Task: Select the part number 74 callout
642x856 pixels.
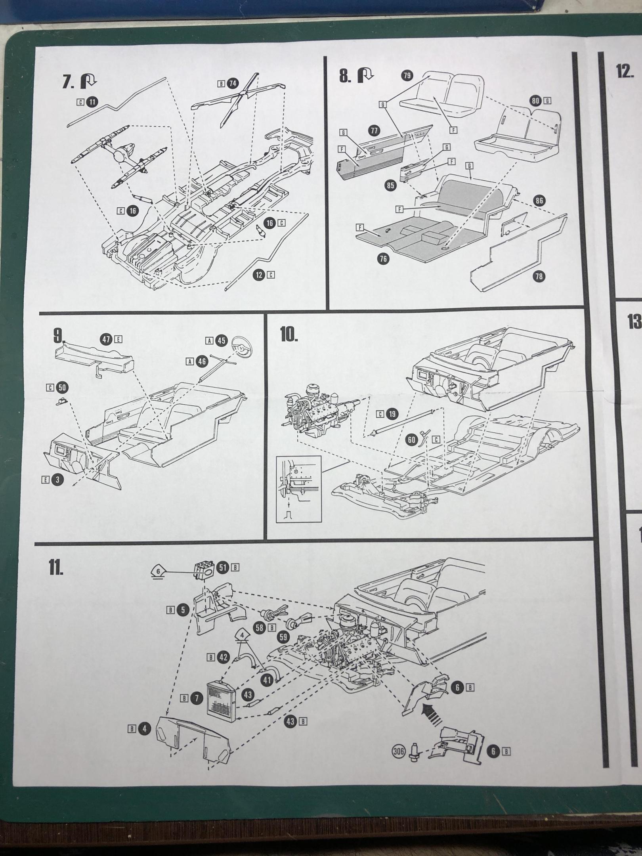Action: point(233,84)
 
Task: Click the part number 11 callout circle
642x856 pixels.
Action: point(92,102)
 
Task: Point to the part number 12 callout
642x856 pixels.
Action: point(259,275)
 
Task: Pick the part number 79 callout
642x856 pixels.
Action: point(407,76)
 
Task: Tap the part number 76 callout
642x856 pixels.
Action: point(383,259)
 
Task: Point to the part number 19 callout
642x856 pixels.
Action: point(392,415)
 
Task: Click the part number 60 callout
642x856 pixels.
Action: point(412,439)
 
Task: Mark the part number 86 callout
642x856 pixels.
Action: point(539,201)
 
